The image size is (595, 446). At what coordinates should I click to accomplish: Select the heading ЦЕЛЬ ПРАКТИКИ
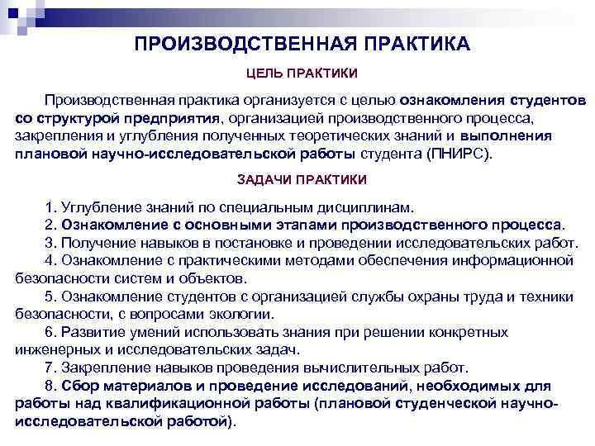click(302, 74)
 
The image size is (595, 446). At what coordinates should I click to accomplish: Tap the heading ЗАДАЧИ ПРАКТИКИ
click(302, 178)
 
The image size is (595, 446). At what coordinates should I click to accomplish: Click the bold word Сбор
click(79, 386)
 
